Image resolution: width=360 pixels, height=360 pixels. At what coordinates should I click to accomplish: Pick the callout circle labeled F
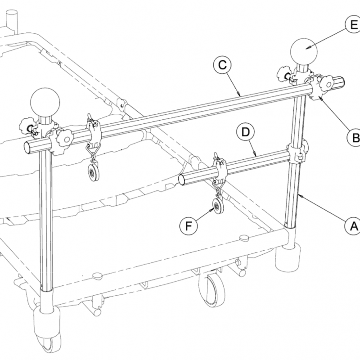pos(188,225)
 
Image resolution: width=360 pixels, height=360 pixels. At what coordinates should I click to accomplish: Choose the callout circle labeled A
pos(352,225)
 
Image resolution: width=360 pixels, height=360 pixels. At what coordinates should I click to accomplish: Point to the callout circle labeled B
pos(354,138)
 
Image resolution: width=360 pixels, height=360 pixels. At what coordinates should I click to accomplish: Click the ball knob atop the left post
pos(45,103)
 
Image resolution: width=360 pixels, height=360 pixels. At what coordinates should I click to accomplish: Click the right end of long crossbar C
pos(342,83)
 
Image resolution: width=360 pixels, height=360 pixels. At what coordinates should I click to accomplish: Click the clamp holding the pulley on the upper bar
pos(94,133)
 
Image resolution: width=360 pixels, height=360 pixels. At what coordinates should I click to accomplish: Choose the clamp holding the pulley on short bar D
pos(221,170)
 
